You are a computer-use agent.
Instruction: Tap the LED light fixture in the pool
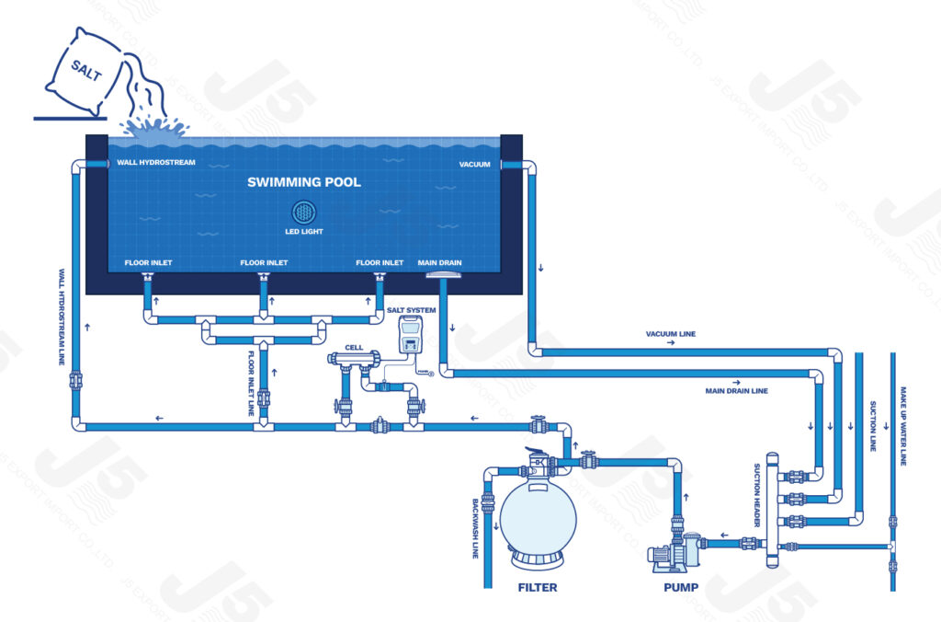click(304, 211)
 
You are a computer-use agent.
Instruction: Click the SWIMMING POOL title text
click(304, 182)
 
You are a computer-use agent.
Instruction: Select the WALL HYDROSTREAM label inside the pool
click(156, 164)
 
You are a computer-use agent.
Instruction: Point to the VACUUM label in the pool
click(474, 164)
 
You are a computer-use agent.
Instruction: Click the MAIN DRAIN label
click(440, 263)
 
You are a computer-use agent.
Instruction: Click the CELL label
click(354, 349)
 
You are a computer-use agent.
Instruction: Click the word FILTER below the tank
click(537, 586)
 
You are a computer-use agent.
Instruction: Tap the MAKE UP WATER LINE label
click(903, 424)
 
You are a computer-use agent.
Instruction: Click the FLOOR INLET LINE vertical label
click(251, 383)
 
